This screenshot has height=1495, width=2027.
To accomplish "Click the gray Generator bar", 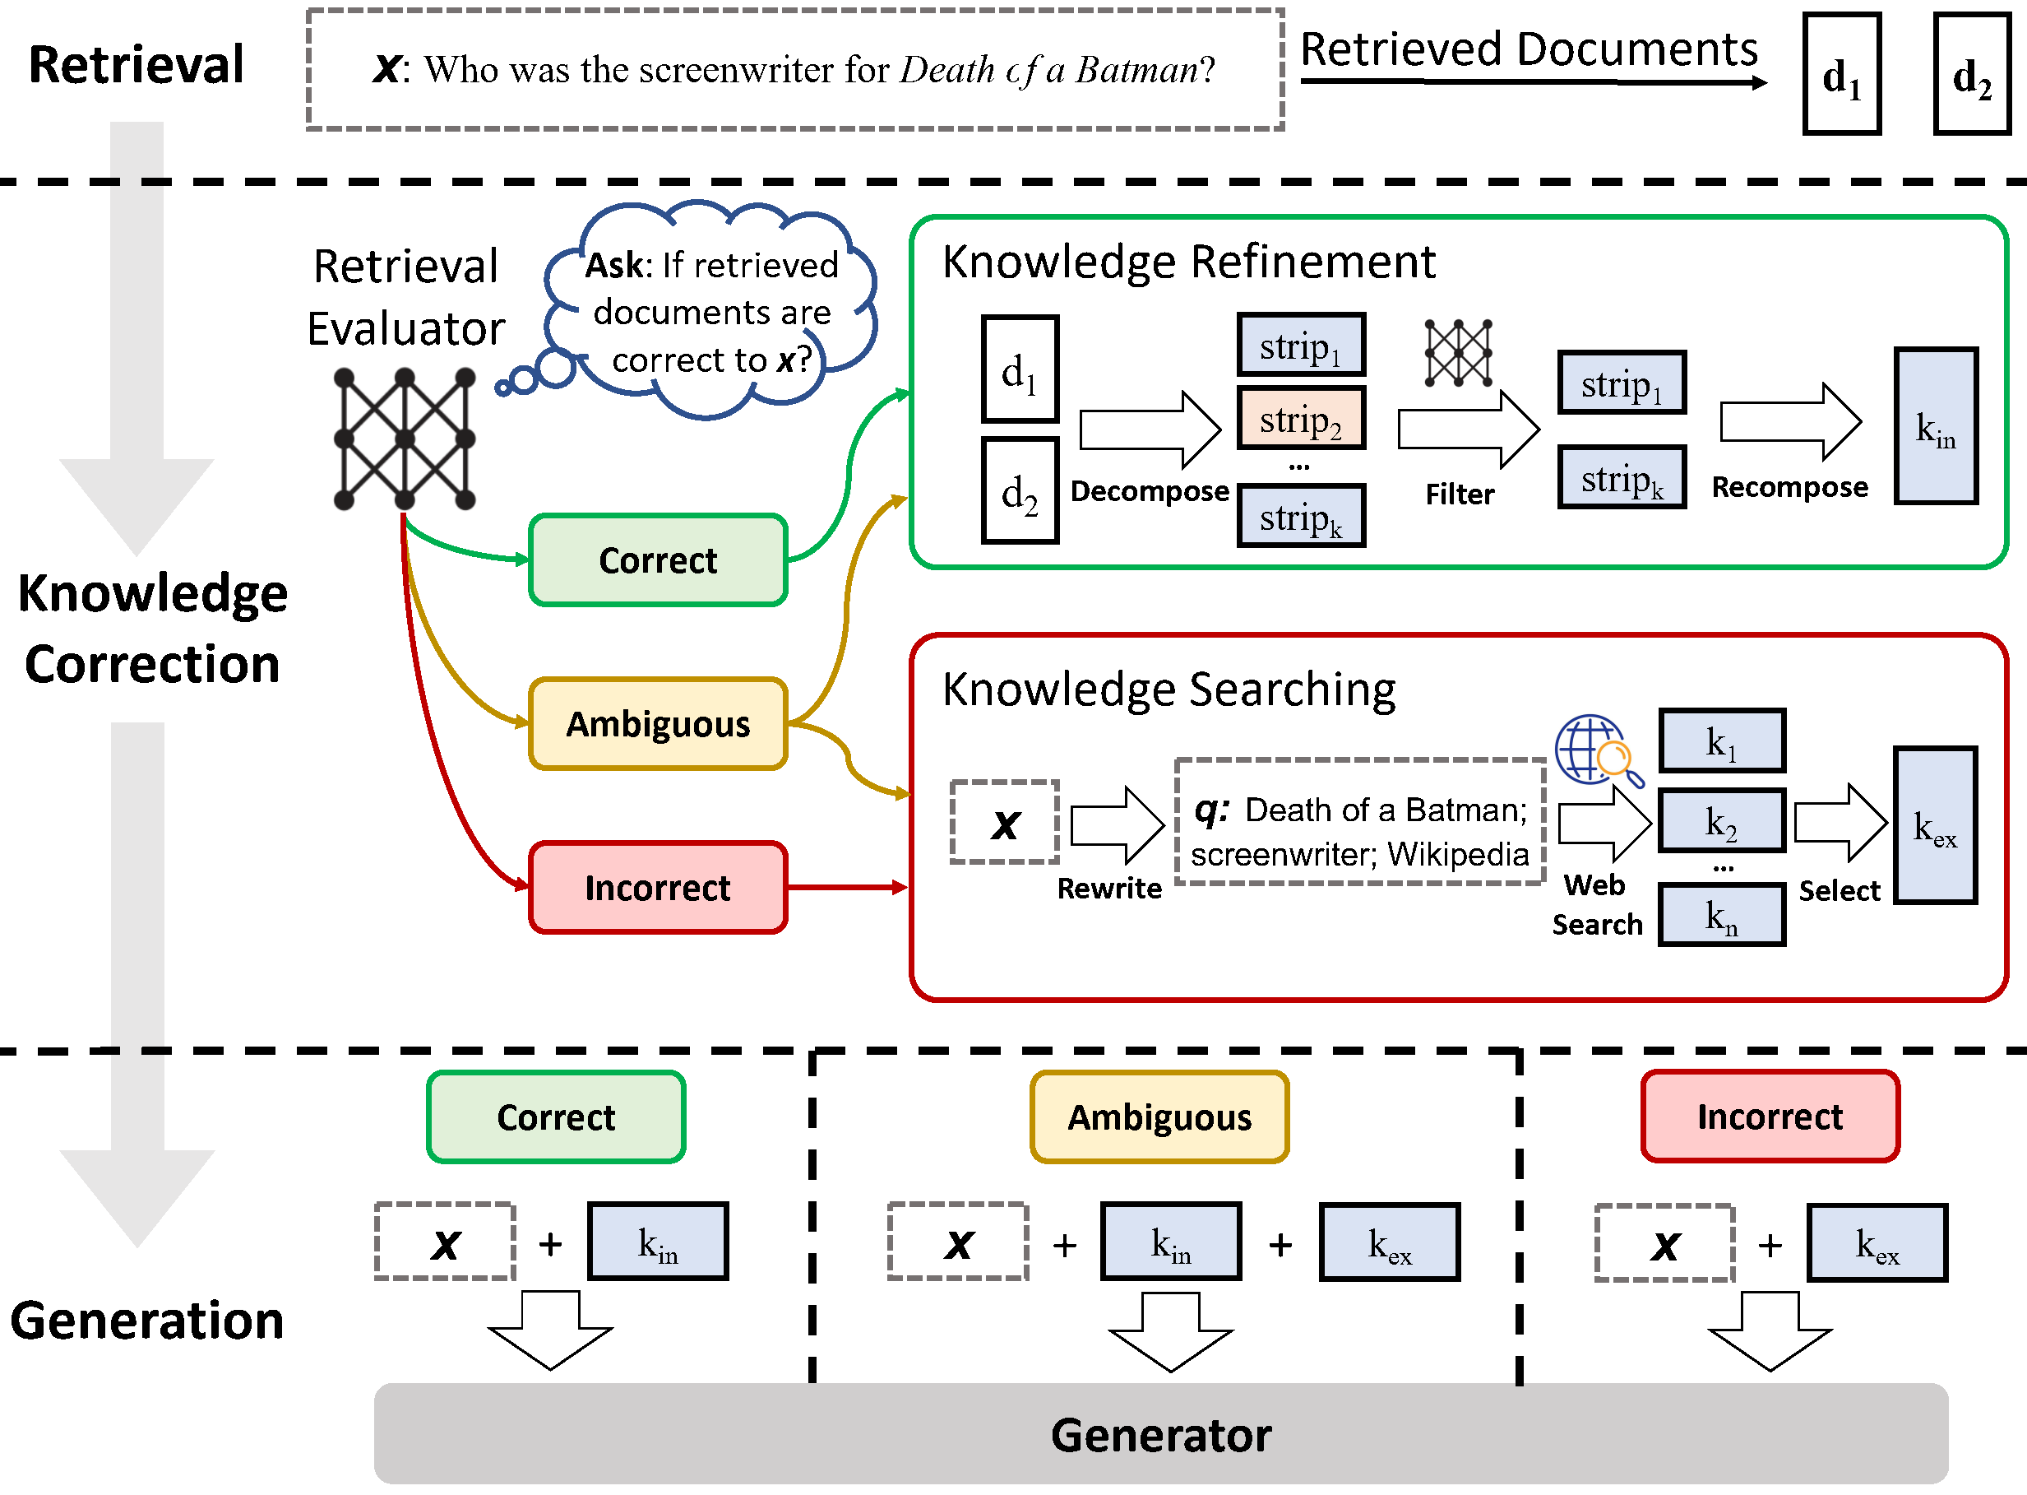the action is point(1160,1433).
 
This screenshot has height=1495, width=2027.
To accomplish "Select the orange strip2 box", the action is point(1301,418).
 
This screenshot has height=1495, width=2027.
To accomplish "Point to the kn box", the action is point(1721,915).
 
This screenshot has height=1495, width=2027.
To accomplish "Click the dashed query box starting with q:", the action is point(1358,822).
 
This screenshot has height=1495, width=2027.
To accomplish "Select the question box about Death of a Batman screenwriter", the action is point(795,70).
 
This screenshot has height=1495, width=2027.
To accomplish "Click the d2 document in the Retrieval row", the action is point(1972,74).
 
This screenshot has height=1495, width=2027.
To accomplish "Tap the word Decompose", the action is point(1150,490).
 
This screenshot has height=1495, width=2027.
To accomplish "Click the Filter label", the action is point(1460,494).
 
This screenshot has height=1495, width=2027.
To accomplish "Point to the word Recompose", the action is point(1789,487).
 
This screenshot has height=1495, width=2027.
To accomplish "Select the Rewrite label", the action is point(1109,888).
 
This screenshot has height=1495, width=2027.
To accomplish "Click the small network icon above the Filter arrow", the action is point(1458,353).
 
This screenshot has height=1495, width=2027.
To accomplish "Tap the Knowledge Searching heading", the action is point(1169,689).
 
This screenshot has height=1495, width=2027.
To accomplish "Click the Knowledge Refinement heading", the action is point(1188,262).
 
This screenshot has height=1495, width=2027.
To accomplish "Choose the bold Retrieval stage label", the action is point(136,64).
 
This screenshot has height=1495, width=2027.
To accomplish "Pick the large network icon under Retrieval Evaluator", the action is point(405,439).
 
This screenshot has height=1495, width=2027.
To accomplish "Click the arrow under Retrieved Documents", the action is point(1533,82).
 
